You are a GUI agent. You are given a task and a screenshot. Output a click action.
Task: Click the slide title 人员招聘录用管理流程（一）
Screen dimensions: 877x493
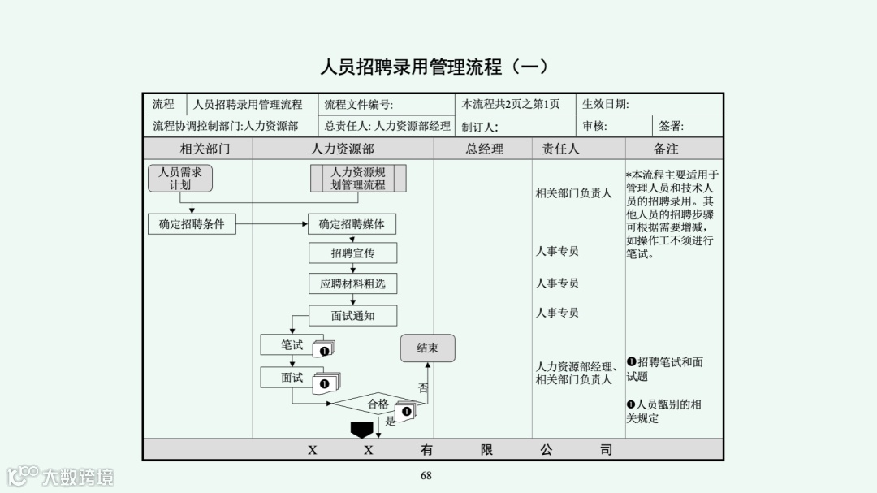pos(434,67)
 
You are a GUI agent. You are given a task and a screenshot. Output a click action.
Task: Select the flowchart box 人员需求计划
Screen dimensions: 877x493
pos(180,179)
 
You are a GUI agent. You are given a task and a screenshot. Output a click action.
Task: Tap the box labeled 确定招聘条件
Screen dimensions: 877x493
pos(192,223)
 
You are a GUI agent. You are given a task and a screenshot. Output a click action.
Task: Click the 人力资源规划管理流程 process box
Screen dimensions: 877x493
pos(358,179)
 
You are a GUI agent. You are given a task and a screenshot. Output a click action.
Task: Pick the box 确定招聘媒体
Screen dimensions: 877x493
pos(352,223)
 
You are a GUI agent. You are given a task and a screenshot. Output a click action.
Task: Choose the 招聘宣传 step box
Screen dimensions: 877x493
pos(352,253)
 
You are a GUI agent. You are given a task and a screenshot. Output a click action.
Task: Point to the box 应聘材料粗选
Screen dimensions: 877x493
pos(352,283)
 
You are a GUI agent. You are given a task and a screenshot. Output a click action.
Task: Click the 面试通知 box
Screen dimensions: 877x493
pos(352,315)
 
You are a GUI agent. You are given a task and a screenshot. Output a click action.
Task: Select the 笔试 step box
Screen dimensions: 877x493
pos(291,345)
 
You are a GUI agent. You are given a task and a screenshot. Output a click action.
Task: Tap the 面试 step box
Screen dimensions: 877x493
pos(291,378)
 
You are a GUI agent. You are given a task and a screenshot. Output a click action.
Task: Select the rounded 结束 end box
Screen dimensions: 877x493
pos(427,348)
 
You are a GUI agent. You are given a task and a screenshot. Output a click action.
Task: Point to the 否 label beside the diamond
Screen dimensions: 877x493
pos(423,388)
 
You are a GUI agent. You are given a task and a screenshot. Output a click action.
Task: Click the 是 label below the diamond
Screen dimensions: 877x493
pos(390,421)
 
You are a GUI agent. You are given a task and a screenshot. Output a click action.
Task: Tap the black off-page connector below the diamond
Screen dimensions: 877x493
pos(361,429)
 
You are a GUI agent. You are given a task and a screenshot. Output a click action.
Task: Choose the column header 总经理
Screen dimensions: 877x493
pos(484,149)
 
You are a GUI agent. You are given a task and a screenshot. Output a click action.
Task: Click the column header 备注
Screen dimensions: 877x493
pos(666,149)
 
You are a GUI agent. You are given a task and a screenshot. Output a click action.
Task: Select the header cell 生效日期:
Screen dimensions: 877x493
pos(606,104)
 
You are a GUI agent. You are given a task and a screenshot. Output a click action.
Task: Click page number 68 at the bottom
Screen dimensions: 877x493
pos(426,476)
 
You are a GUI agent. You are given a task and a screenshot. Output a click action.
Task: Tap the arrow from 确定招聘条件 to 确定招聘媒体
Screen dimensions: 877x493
pos(272,223)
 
